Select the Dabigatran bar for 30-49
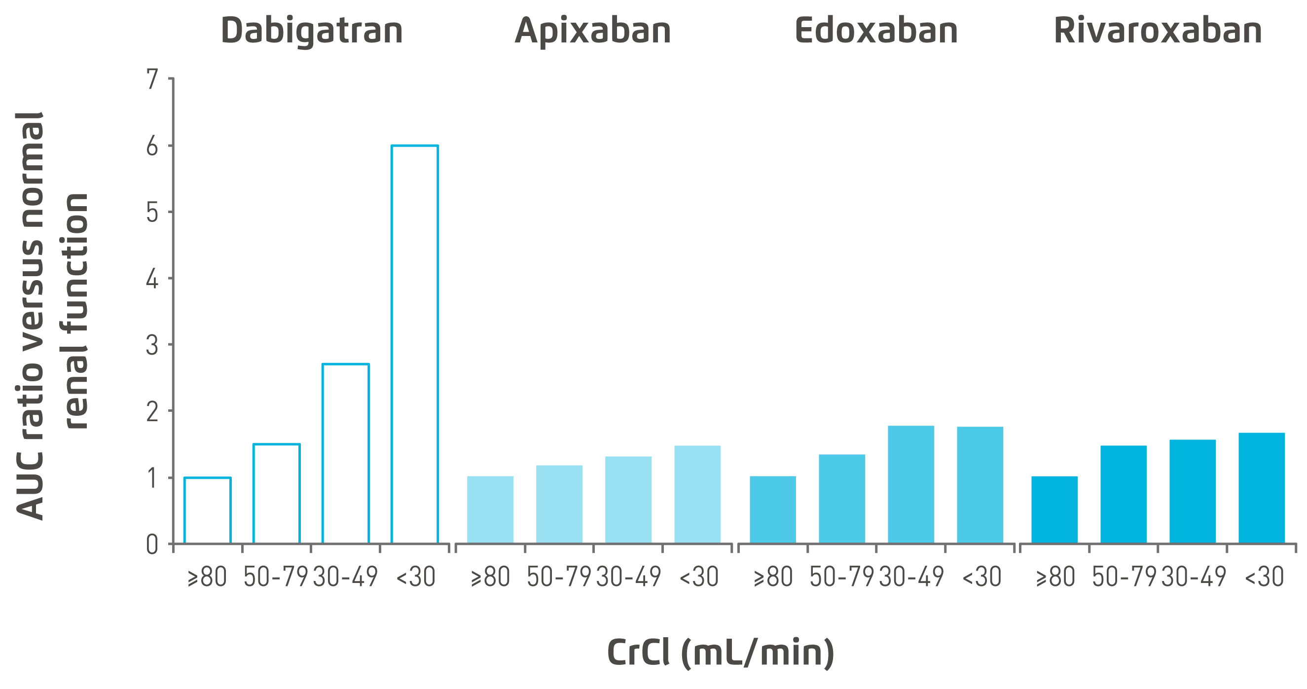coord(346,454)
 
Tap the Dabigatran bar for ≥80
coord(208,510)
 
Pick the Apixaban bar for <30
coord(697,494)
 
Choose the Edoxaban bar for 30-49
coord(911,484)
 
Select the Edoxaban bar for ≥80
coord(773,509)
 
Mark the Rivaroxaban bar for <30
coord(1261,488)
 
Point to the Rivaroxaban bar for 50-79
coord(1124,494)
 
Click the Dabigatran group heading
coord(312,31)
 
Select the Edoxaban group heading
coord(876,31)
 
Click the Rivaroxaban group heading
coord(1158,31)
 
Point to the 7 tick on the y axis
coord(152,79)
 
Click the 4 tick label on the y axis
coord(152,279)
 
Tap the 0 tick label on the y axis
coord(152,545)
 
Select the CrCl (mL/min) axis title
coord(721,653)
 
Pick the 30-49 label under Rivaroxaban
coord(1194,577)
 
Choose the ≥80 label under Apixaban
coord(490,577)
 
